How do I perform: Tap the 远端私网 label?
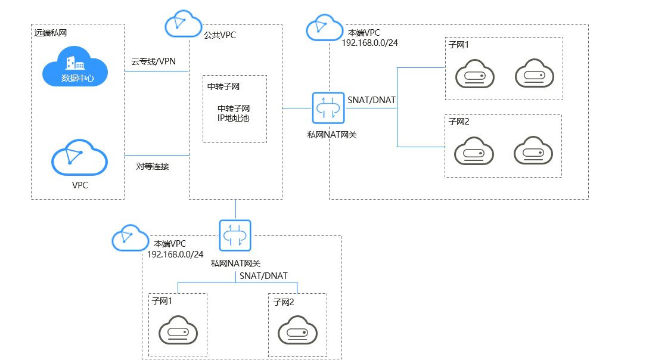[51, 33]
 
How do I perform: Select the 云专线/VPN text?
[153, 61]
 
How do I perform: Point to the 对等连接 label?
[153, 166]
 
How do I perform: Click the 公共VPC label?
[219, 35]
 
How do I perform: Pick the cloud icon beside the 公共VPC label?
[182, 24]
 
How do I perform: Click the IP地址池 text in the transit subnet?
[234, 118]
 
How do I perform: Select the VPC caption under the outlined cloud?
[80, 185]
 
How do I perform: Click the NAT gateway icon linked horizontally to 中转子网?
[327, 108]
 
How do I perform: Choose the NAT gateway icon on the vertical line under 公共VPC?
[235, 236]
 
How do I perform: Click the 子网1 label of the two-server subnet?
[459, 45]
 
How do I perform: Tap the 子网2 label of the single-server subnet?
[284, 302]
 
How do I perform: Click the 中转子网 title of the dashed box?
[223, 86]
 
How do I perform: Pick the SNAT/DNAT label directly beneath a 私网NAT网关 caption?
[263, 276]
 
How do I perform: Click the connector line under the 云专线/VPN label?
[156, 72]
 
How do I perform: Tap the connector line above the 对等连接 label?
[156, 156]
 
